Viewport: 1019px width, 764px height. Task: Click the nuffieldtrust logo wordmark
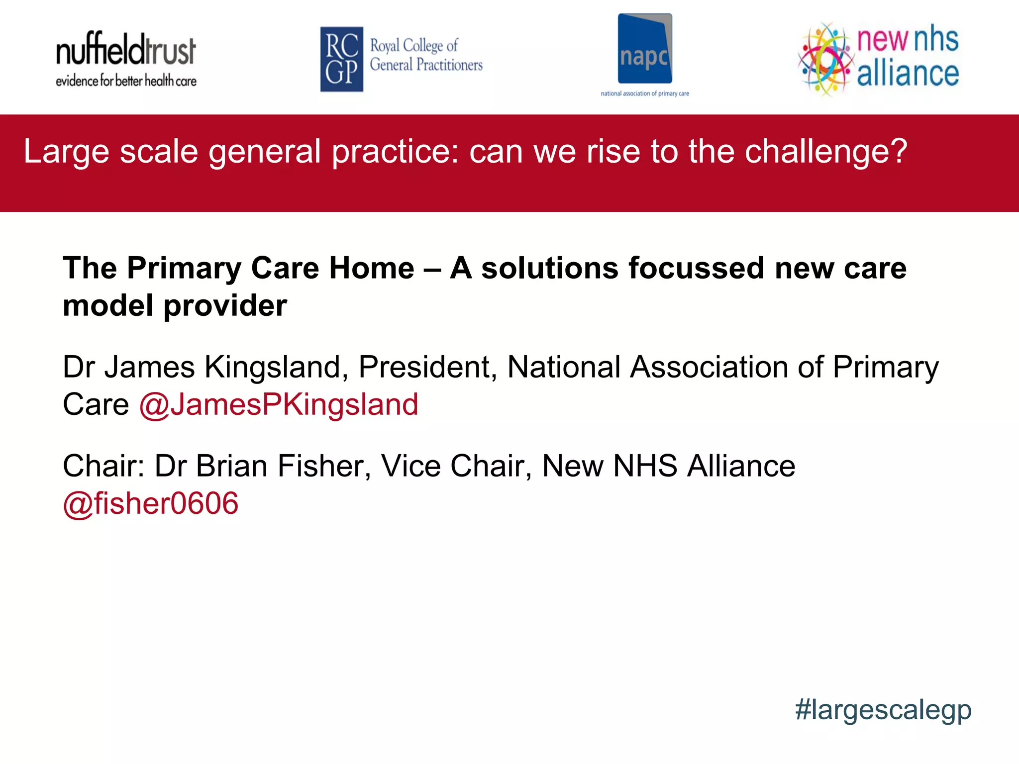tap(126, 50)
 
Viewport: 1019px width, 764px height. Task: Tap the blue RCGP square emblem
tap(341, 59)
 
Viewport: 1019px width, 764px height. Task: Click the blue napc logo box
tap(645, 49)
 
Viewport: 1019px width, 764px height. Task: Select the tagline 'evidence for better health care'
tap(126, 81)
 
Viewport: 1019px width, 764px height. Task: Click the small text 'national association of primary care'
tap(645, 94)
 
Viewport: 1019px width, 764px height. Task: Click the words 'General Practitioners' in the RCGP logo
tap(426, 65)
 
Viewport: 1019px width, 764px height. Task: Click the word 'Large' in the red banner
tap(67, 151)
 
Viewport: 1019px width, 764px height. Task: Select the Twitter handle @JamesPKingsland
tap(279, 404)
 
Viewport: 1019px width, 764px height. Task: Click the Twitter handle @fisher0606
tap(151, 503)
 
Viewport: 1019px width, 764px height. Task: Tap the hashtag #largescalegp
tap(883, 710)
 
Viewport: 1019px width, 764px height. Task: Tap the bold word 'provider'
tap(225, 305)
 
